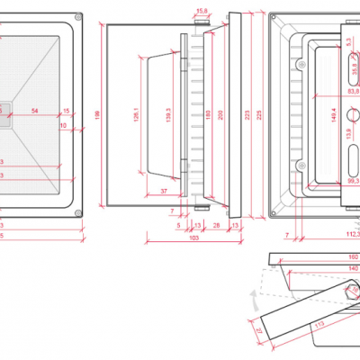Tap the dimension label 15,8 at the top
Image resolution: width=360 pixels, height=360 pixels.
tap(202, 10)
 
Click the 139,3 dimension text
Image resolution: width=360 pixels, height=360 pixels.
tap(167, 116)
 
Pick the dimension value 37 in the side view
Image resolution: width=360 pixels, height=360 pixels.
tap(164, 192)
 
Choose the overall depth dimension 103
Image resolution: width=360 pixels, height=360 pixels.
tap(193, 238)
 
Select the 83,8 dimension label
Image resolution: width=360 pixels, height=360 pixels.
tap(352, 91)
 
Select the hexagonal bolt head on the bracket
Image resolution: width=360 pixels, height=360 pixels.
tap(347, 292)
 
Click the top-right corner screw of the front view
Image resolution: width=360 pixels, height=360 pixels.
tap(78, 17)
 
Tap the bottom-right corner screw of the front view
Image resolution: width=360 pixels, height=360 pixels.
tap(78, 212)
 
